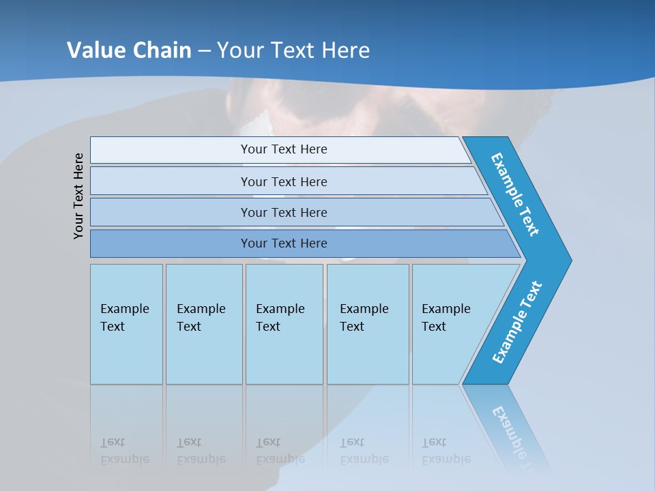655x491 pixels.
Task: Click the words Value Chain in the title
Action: tap(129, 50)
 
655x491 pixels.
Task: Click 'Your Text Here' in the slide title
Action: tap(293, 50)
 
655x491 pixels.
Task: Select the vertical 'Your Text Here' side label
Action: tap(78, 196)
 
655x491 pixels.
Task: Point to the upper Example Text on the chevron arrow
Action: tap(515, 194)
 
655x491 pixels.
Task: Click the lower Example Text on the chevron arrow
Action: tap(516, 323)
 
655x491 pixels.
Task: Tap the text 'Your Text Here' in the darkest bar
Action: tap(284, 243)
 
